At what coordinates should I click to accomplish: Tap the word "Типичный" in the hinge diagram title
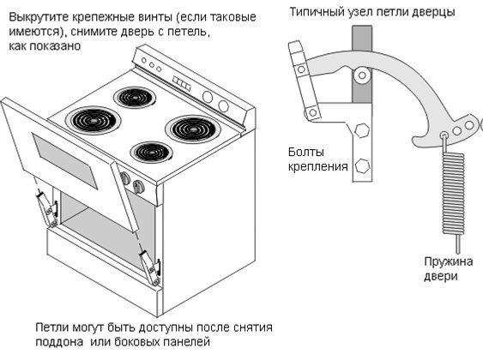click(317, 12)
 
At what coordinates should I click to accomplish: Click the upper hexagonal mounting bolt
click(361, 130)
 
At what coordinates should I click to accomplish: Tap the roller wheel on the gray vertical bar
click(364, 75)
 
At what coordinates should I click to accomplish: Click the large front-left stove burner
click(92, 120)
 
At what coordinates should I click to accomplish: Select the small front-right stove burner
click(151, 152)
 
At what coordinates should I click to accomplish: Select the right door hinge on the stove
click(151, 265)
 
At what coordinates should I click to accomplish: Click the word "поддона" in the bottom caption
click(59, 342)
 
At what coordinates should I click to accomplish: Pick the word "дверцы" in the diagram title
click(432, 12)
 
